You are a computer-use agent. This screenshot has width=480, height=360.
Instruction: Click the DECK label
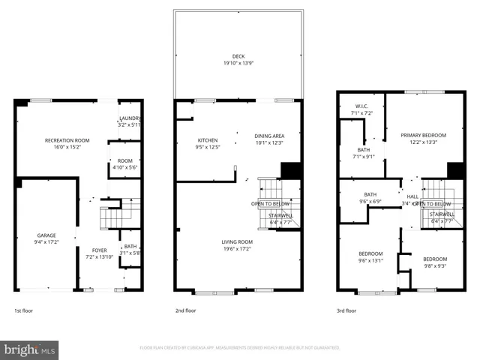238,56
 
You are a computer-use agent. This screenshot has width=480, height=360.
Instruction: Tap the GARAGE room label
46,235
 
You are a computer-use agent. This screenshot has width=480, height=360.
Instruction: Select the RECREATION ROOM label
67,140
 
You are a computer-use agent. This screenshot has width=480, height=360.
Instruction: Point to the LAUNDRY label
130,118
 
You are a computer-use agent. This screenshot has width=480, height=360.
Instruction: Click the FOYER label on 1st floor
100,250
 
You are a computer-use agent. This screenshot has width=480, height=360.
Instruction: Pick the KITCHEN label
208,140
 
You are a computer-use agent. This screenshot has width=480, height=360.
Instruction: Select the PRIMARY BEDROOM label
423,135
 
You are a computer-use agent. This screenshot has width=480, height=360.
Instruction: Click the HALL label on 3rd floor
413,196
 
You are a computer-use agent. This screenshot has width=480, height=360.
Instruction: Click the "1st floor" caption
24,310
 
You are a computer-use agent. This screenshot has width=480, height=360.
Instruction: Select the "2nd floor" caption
185,310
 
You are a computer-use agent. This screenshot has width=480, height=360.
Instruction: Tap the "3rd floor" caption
346,310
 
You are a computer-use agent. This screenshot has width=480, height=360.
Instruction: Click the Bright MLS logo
30,349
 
